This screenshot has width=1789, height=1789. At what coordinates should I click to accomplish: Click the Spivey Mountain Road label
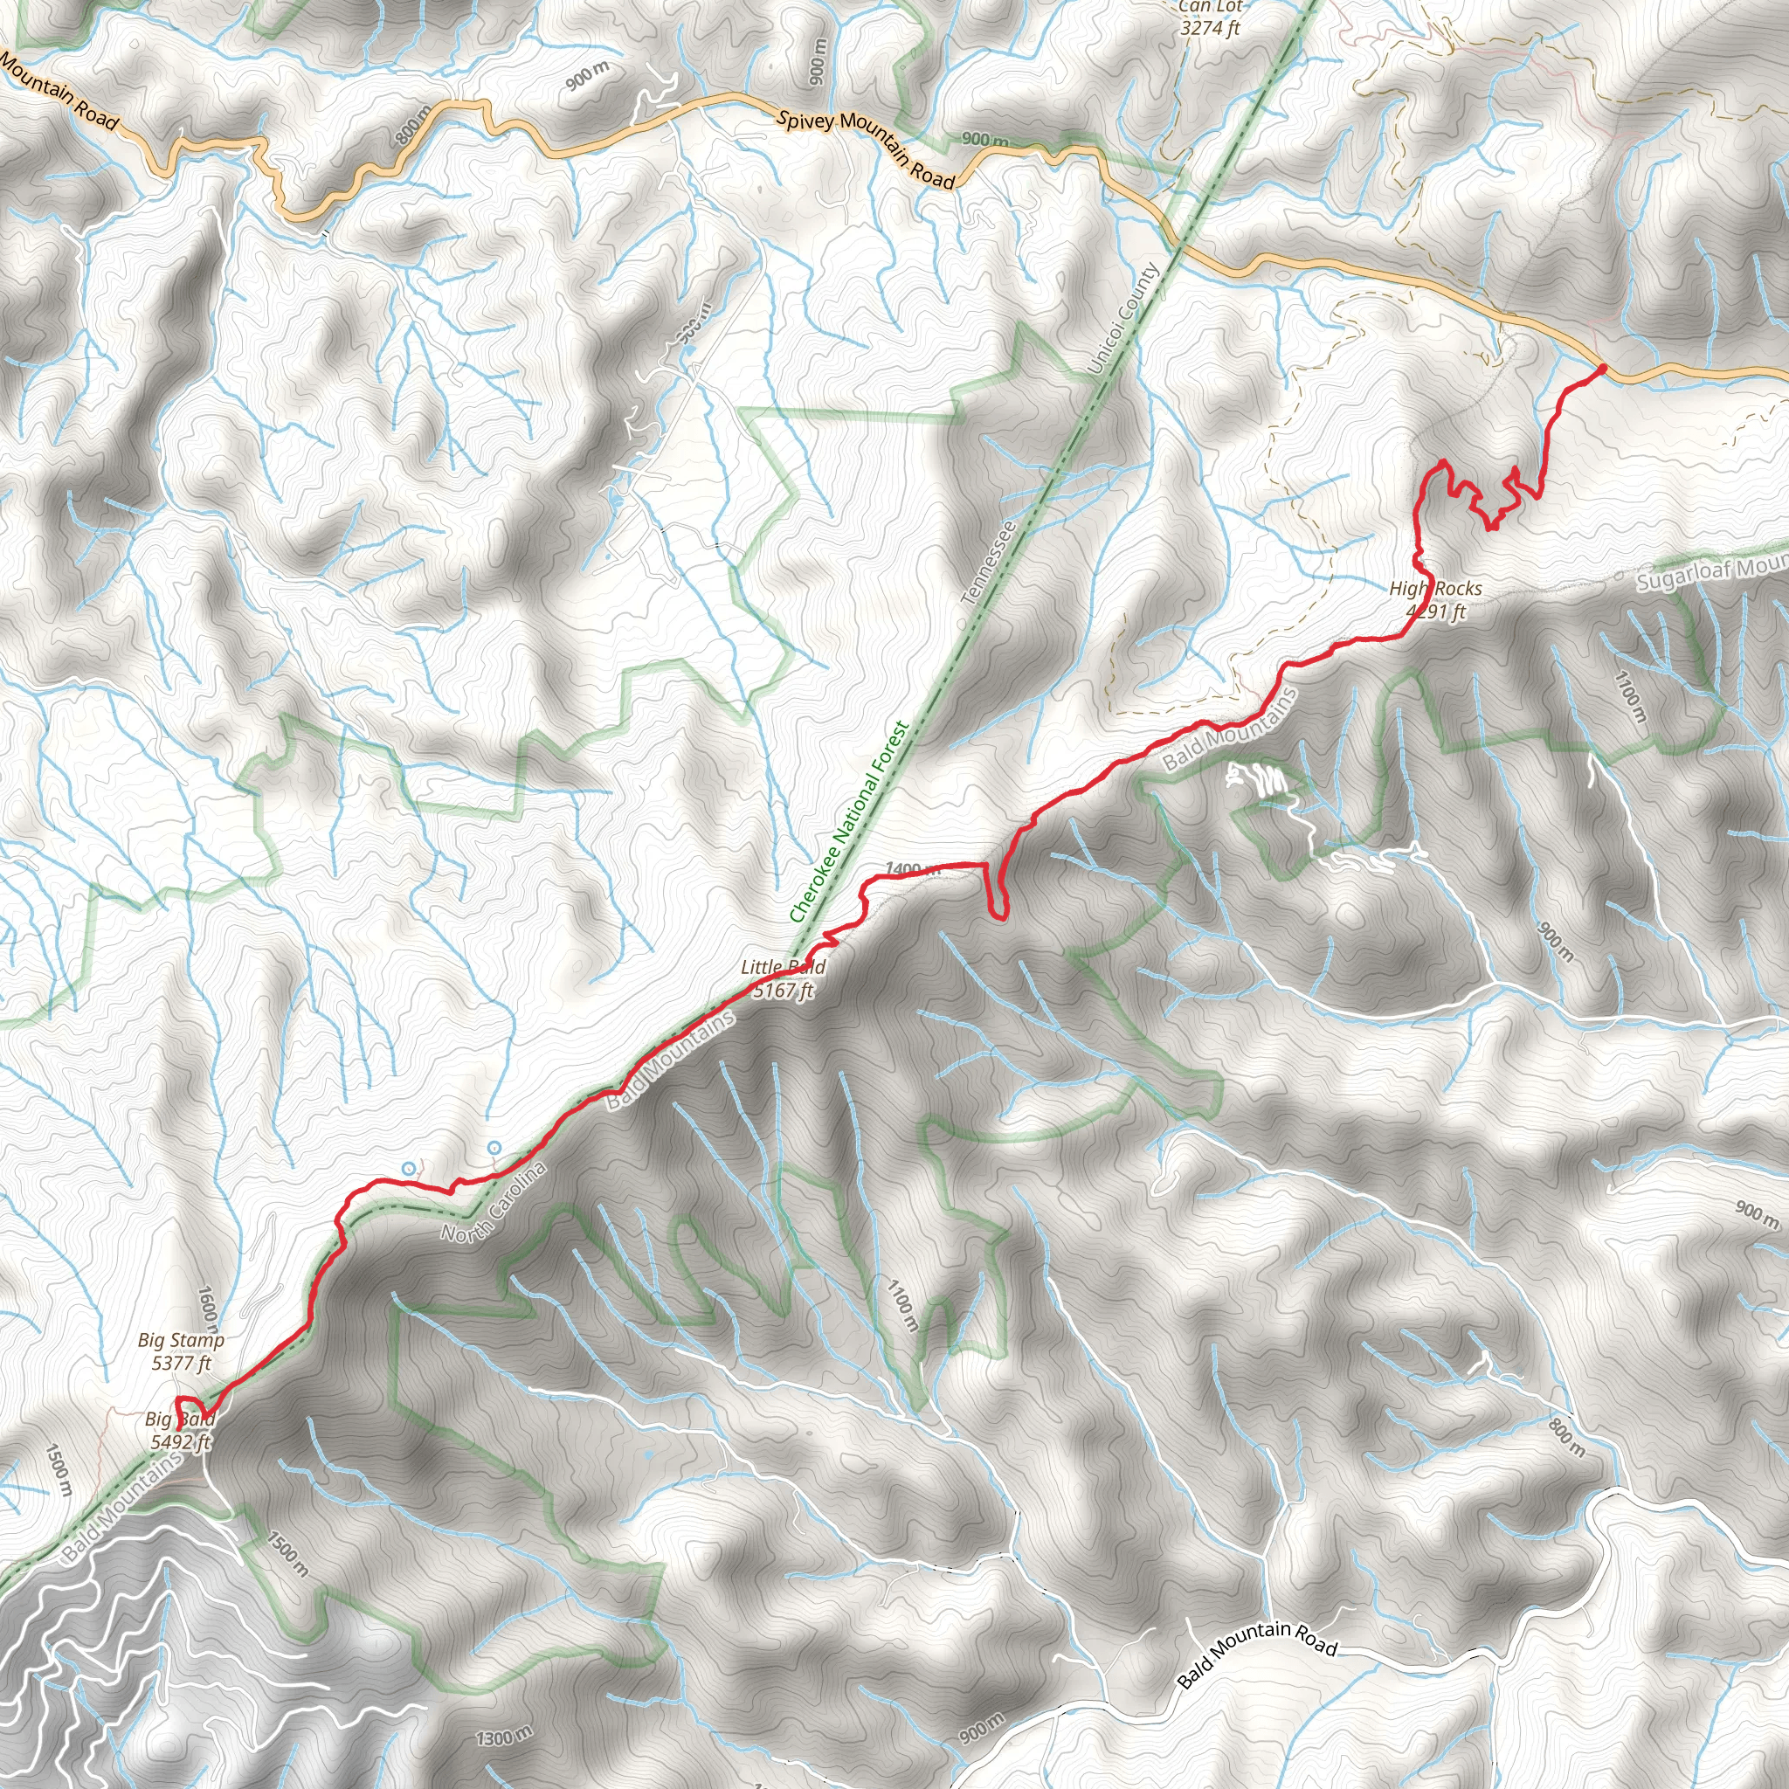[865, 149]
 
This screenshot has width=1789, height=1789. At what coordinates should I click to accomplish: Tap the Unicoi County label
[1122, 320]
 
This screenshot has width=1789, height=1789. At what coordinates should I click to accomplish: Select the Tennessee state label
[989, 563]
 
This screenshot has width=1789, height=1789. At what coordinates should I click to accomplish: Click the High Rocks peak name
[1435, 589]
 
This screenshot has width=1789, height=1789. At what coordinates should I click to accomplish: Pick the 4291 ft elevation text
[1435, 611]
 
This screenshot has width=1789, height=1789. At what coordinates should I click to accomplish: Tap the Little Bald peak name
[783, 968]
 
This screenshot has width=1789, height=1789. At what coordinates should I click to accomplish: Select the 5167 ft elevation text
[783, 991]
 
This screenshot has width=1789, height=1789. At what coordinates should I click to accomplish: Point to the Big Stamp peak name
[182, 1340]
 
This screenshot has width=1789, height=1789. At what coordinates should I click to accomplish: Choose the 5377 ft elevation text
[182, 1363]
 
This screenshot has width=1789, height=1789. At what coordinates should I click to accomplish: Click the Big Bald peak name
[180, 1419]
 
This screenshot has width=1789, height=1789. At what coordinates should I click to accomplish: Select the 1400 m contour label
[912, 868]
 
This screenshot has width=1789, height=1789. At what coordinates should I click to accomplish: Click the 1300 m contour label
[505, 1737]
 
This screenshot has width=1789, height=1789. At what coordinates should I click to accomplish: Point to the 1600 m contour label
[209, 1306]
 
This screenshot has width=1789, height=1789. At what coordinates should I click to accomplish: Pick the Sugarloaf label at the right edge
[1711, 574]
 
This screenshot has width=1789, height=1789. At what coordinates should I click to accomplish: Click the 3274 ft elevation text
[1210, 29]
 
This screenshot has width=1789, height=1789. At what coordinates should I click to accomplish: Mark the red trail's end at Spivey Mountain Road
[1601, 370]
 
